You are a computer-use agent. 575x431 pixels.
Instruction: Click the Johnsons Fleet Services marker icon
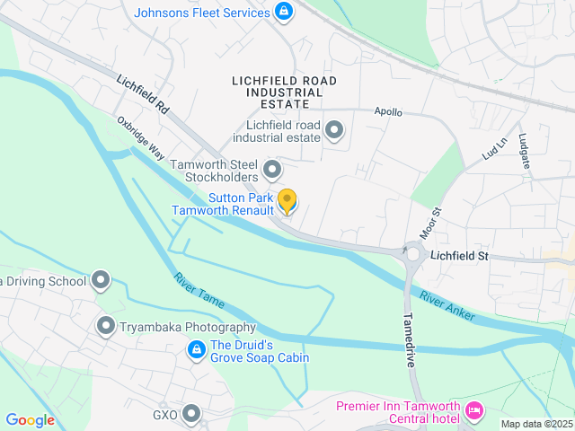(284, 13)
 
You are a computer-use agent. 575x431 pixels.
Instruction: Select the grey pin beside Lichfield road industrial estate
(334, 131)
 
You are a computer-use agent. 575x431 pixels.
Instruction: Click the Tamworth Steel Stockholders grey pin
(272, 169)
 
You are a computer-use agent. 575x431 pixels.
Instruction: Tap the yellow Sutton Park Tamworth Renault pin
(287, 202)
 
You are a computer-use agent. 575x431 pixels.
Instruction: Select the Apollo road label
(388, 113)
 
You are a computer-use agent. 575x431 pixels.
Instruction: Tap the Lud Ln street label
(495, 147)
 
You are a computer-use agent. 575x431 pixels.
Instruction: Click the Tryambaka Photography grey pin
(106, 327)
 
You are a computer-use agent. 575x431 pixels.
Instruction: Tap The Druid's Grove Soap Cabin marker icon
(195, 350)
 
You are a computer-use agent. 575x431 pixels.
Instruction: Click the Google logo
(30, 420)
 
